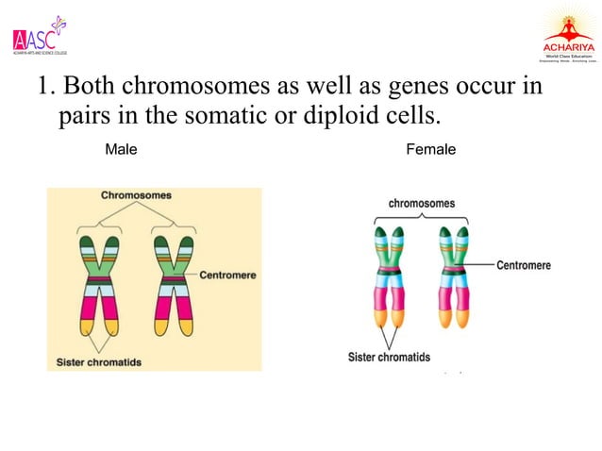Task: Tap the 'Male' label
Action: pos(121,150)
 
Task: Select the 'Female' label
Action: pos(430,150)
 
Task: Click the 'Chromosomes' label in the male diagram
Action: pos(137,195)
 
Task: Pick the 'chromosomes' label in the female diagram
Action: pos(421,203)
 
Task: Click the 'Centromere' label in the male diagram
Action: pos(227,275)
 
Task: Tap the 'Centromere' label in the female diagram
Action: pos(524,266)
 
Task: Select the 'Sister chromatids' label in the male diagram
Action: pos(98,361)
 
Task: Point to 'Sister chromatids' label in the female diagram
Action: pos(389,357)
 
